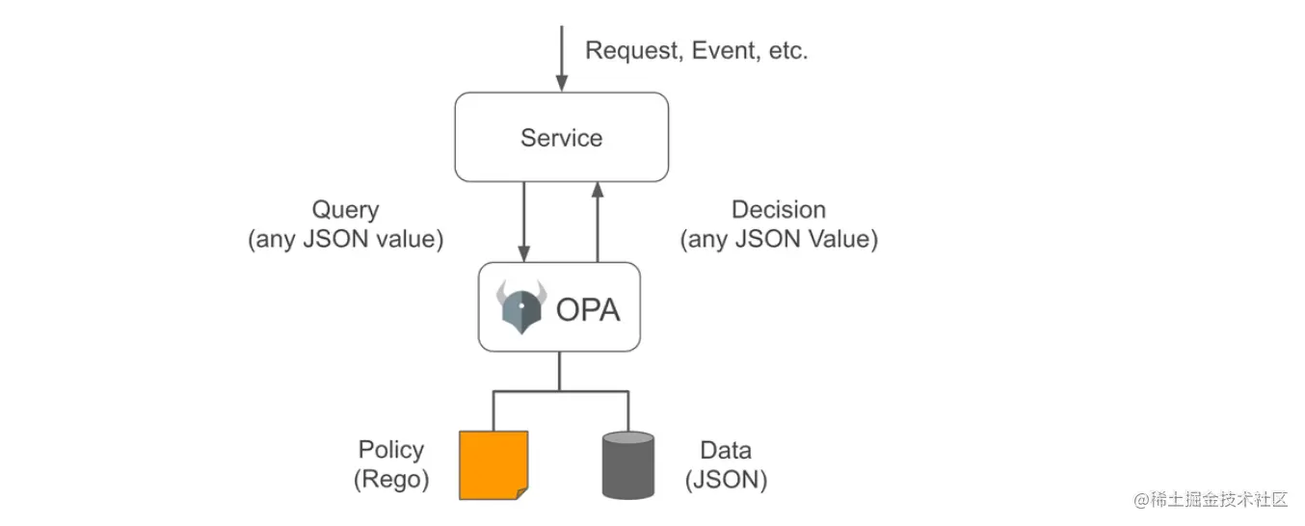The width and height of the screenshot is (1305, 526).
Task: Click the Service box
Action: click(562, 137)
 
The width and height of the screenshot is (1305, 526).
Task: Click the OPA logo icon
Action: click(521, 307)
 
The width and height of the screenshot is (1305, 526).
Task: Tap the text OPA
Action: click(588, 309)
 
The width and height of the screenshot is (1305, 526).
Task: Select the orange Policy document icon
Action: click(493, 465)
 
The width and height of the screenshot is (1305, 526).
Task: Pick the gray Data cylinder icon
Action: click(628, 465)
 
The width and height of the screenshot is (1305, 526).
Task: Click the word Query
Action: click(345, 210)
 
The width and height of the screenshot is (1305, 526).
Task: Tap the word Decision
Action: click(779, 210)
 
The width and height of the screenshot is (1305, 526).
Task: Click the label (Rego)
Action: click(391, 480)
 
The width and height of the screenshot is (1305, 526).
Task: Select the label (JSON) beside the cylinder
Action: click(726, 480)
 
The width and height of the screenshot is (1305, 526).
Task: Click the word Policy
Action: click(391, 450)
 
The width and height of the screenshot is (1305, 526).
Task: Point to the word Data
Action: click(726, 450)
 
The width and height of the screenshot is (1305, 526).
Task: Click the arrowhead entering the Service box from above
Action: click(562, 83)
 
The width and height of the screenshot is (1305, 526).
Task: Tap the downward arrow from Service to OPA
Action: click(523, 222)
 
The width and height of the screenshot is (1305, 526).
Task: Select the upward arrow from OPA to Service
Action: click(598, 222)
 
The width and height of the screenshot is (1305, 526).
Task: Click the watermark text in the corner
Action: click(1210, 499)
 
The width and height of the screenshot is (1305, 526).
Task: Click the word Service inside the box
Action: click(562, 138)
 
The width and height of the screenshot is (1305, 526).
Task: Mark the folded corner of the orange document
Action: click(522, 493)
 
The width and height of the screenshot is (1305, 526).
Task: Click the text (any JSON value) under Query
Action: click(346, 240)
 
